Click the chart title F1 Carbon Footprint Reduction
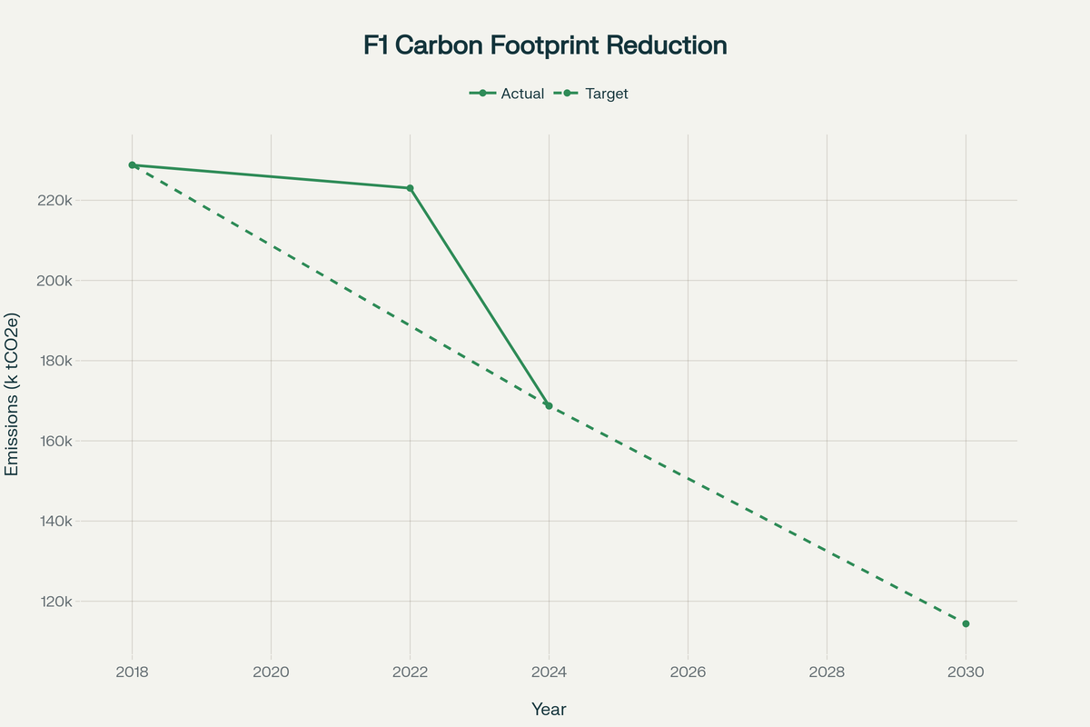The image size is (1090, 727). [545, 45]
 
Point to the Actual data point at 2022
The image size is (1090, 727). [410, 188]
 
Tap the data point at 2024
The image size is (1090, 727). [549, 406]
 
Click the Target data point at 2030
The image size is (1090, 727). [966, 623]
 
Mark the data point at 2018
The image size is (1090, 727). [133, 165]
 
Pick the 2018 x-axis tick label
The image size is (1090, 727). [133, 672]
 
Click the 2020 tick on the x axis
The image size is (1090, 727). [271, 672]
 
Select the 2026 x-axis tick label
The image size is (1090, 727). [688, 672]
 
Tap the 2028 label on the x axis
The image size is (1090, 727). [827, 672]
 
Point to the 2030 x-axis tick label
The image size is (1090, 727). [966, 672]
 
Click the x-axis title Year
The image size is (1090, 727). [549, 709]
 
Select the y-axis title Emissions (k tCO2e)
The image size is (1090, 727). [13, 396]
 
